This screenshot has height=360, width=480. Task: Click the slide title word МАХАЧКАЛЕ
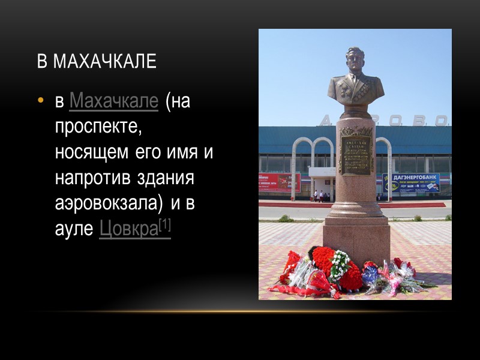click(105, 62)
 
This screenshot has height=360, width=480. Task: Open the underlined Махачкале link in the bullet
click(114, 102)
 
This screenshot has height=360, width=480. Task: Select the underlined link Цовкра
click(128, 229)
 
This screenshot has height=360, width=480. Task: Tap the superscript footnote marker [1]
click(164, 226)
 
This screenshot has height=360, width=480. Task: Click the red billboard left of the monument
click(278, 181)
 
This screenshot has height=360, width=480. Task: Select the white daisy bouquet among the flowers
click(340, 262)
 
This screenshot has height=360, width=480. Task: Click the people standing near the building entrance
click(317, 196)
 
